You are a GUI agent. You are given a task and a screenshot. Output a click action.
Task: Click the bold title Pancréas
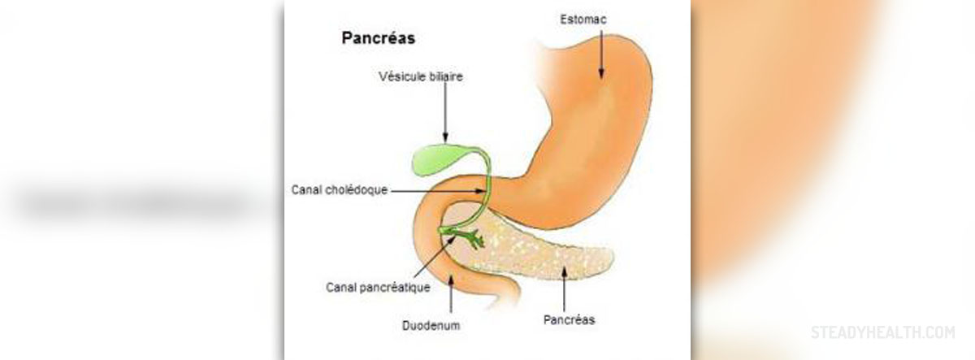point(379,38)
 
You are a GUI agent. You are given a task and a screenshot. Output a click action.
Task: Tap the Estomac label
point(583,20)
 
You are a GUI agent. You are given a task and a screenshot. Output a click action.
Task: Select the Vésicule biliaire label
point(421,76)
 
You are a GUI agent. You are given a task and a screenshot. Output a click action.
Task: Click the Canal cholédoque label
point(339,190)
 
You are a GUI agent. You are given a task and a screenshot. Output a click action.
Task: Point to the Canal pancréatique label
point(378,288)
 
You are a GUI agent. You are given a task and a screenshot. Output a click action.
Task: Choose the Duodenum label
point(431,326)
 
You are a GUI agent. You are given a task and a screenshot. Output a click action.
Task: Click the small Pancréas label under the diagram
point(569,320)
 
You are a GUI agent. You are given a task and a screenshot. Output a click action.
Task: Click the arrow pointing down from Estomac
point(601,54)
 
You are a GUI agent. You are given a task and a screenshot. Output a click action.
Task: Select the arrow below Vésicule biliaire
point(445,112)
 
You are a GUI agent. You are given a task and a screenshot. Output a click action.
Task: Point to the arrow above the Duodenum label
point(450,294)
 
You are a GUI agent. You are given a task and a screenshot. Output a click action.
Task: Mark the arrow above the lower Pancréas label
point(564,289)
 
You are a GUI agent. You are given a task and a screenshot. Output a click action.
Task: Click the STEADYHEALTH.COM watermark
point(882,332)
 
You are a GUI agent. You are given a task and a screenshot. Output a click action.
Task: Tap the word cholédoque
point(358,190)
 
